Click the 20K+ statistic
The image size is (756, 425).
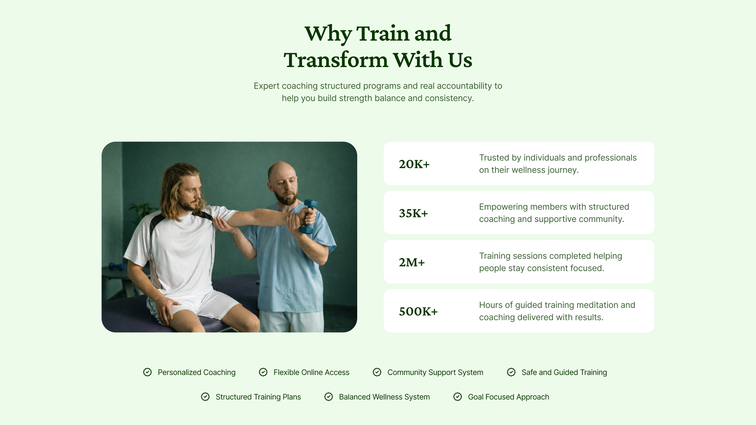pos(414,164)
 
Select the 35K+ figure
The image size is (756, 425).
pos(413,213)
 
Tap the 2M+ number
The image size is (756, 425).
pos(412,262)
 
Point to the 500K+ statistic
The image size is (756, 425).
pos(418,311)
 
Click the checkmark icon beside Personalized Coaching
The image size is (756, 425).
pos(147,372)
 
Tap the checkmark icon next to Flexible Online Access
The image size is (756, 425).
pos(263,372)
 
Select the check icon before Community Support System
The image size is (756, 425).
pos(377,372)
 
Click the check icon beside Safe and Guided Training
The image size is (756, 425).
pos(511,372)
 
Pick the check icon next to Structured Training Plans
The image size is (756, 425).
pos(205,397)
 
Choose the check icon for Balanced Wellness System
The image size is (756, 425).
pos(329,397)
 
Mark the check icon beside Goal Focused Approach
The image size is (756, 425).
pos(458,397)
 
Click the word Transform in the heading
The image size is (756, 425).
pos(336,60)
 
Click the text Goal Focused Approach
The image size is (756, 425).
pos(508,397)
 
